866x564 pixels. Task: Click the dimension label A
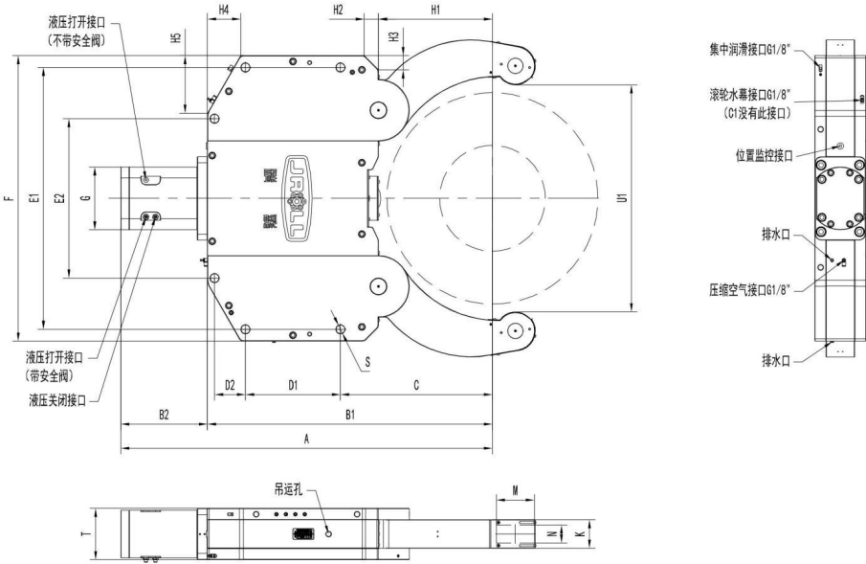click(306, 436)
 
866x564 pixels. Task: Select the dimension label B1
click(350, 414)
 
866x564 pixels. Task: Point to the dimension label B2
click(164, 414)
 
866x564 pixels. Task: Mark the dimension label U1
click(623, 198)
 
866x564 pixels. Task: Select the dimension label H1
click(434, 10)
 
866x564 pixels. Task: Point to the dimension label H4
click(223, 10)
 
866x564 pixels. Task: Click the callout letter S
click(367, 361)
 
